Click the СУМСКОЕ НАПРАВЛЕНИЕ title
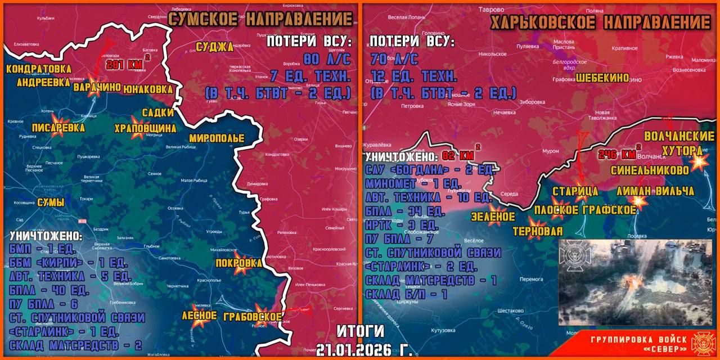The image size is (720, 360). [x=261, y=19]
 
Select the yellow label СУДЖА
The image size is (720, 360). [x=214, y=47]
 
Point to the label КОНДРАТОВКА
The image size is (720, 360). [x=39, y=69]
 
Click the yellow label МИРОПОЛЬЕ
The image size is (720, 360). [x=217, y=138]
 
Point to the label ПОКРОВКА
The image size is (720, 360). [x=238, y=263]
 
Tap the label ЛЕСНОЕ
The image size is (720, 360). [x=199, y=316]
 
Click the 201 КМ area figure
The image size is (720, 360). [x=125, y=64]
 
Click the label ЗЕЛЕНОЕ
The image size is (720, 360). [x=493, y=216]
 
